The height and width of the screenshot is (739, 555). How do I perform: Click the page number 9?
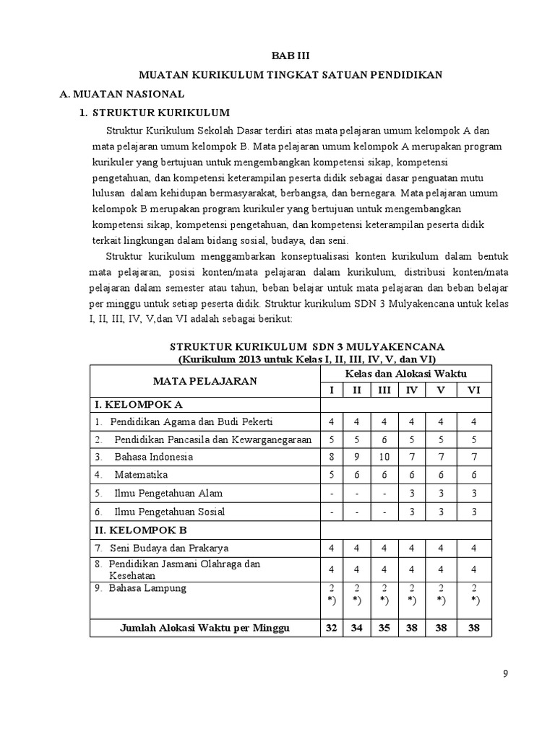click(x=505, y=674)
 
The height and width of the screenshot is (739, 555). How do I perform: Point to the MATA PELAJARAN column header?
click(x=205, y=381)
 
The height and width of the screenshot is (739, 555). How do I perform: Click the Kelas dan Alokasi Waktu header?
click(x=405, y=373)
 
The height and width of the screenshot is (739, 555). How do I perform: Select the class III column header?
click(x=384, y=390)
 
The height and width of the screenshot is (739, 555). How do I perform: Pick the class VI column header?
click(x=474, y=390)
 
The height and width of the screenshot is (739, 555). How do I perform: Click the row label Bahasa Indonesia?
click(x=153, y=457)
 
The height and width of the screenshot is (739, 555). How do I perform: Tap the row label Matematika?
click(x=141, y=475)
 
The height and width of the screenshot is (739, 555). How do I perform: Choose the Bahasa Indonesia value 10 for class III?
click(x=384, y=457)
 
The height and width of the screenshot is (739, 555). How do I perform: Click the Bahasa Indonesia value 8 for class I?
click(x=332, y=457)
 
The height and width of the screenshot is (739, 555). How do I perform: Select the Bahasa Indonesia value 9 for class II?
click(x=357, y=457)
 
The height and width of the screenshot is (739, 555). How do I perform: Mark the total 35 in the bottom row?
click(x=384, y=628)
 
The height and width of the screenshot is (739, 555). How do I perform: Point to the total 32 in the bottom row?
click(x=332, y=628)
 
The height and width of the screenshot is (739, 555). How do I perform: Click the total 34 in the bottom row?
click(x=357, y=628)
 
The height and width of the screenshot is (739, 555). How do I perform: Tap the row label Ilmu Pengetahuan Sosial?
click(x=169, y=512)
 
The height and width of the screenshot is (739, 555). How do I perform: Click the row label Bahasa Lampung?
click(x=147, y=588)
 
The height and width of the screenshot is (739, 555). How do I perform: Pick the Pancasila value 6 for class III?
click(x=384, y=439)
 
